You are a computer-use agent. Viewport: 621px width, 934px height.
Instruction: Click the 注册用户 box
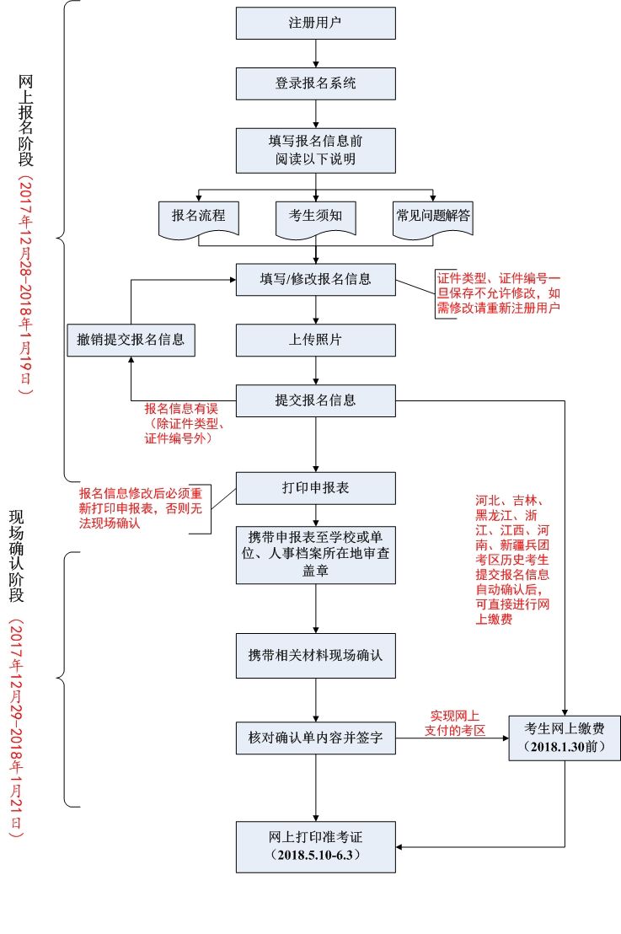(x=315, y=24)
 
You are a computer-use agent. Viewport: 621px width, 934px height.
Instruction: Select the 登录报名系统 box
(x=315, y=83)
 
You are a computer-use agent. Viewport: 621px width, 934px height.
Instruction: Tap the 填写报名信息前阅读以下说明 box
(x=315, y=150)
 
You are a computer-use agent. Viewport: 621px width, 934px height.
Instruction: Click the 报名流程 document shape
(x=198, y=217)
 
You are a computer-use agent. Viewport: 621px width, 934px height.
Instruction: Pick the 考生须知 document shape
(x=315, y=217)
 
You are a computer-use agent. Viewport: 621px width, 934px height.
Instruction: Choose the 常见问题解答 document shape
(x=433, y=217)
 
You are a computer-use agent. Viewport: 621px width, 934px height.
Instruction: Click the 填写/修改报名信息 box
(x=315, y=279)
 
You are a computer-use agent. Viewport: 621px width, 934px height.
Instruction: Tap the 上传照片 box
(x=315, y=340)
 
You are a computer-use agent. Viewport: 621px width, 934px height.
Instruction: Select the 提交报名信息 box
(x=315, y=400)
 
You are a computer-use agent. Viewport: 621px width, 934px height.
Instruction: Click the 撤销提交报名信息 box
(x=131, y=340)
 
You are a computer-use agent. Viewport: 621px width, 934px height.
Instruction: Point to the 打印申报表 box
(x=315, y=488)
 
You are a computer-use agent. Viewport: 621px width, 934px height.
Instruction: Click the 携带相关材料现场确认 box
(x=315, y=655)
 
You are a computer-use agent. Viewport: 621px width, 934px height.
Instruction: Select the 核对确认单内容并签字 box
(x=315, y=738)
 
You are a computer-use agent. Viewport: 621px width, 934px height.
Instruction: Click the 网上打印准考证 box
(x=315, y=846)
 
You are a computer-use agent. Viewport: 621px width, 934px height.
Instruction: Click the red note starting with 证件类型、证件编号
(x=498, y=293)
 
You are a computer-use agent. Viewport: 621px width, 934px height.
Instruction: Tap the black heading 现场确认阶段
(x=16, y=556)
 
